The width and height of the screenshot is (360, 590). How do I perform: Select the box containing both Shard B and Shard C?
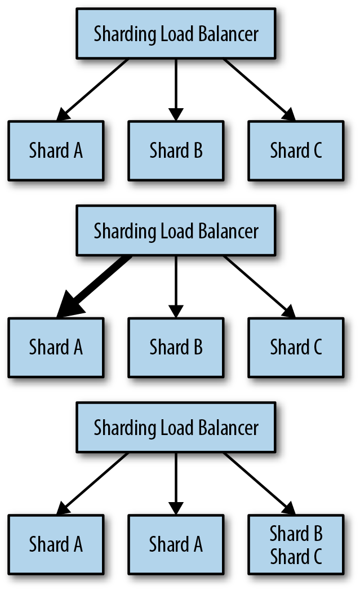(x=296, y=544)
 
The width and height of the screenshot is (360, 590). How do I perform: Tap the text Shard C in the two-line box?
(x=296, y=556)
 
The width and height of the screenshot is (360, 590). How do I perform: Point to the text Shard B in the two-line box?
(x=296, y=533)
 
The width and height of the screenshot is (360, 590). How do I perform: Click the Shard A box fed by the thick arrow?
(x=56, y=347)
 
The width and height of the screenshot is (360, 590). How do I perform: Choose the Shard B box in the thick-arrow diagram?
(x=176, y=347)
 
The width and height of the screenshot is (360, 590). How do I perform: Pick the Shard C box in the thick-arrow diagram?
(x=296, y=347)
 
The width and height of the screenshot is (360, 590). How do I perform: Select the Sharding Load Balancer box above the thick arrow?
(x=176, y=230)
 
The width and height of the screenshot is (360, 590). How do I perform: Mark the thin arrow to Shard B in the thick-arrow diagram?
(x=176, y=287)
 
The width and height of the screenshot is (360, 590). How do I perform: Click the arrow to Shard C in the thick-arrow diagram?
(x=260, y=287)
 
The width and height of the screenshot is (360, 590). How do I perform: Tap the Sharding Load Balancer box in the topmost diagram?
(x=176, y=33)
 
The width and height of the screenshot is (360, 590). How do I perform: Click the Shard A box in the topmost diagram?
(x=56, y=150)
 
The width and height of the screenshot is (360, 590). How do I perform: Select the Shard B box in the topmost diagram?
(x=176, y=150)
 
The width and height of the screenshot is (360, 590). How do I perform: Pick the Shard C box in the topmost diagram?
(x=296, y=150)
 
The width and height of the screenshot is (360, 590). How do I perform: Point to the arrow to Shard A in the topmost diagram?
(x=92, y=90)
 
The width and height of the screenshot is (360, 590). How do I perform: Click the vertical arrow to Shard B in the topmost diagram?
(x=176, y=90)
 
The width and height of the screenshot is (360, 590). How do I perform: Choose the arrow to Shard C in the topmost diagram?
(x=260, y=90)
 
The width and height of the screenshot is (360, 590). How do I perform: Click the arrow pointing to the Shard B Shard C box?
(x=260, y=483)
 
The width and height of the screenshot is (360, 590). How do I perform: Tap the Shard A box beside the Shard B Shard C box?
(x=176, y=544)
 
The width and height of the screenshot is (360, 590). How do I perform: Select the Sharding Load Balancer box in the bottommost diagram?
(x=176, y=427)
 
